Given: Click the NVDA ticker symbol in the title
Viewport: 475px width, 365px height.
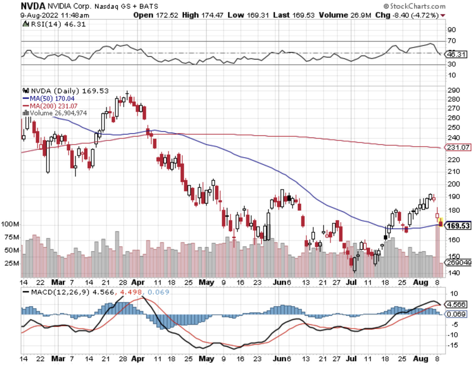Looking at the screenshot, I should coord(33,6).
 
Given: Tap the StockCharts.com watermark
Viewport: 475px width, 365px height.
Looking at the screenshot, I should coord(415,6).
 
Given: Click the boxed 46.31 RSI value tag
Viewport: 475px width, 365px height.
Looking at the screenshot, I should coord(456,55).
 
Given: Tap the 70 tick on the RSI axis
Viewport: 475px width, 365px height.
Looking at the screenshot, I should coord(452,41).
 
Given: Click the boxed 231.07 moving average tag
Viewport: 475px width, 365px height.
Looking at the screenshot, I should coord(458,148).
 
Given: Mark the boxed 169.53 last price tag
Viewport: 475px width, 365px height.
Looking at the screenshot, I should coord(458,226).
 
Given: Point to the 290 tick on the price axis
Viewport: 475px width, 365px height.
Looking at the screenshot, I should coord(454,90).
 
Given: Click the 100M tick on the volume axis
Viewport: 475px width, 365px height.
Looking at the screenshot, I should coord(10,224).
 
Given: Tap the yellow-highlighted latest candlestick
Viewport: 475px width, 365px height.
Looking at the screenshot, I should coord(440,222).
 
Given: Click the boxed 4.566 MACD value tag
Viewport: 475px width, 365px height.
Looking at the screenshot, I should coord(456,304).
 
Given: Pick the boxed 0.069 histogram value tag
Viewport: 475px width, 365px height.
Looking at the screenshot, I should coord(456,314).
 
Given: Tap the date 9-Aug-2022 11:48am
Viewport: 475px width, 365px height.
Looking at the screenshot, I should coord(55,15).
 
